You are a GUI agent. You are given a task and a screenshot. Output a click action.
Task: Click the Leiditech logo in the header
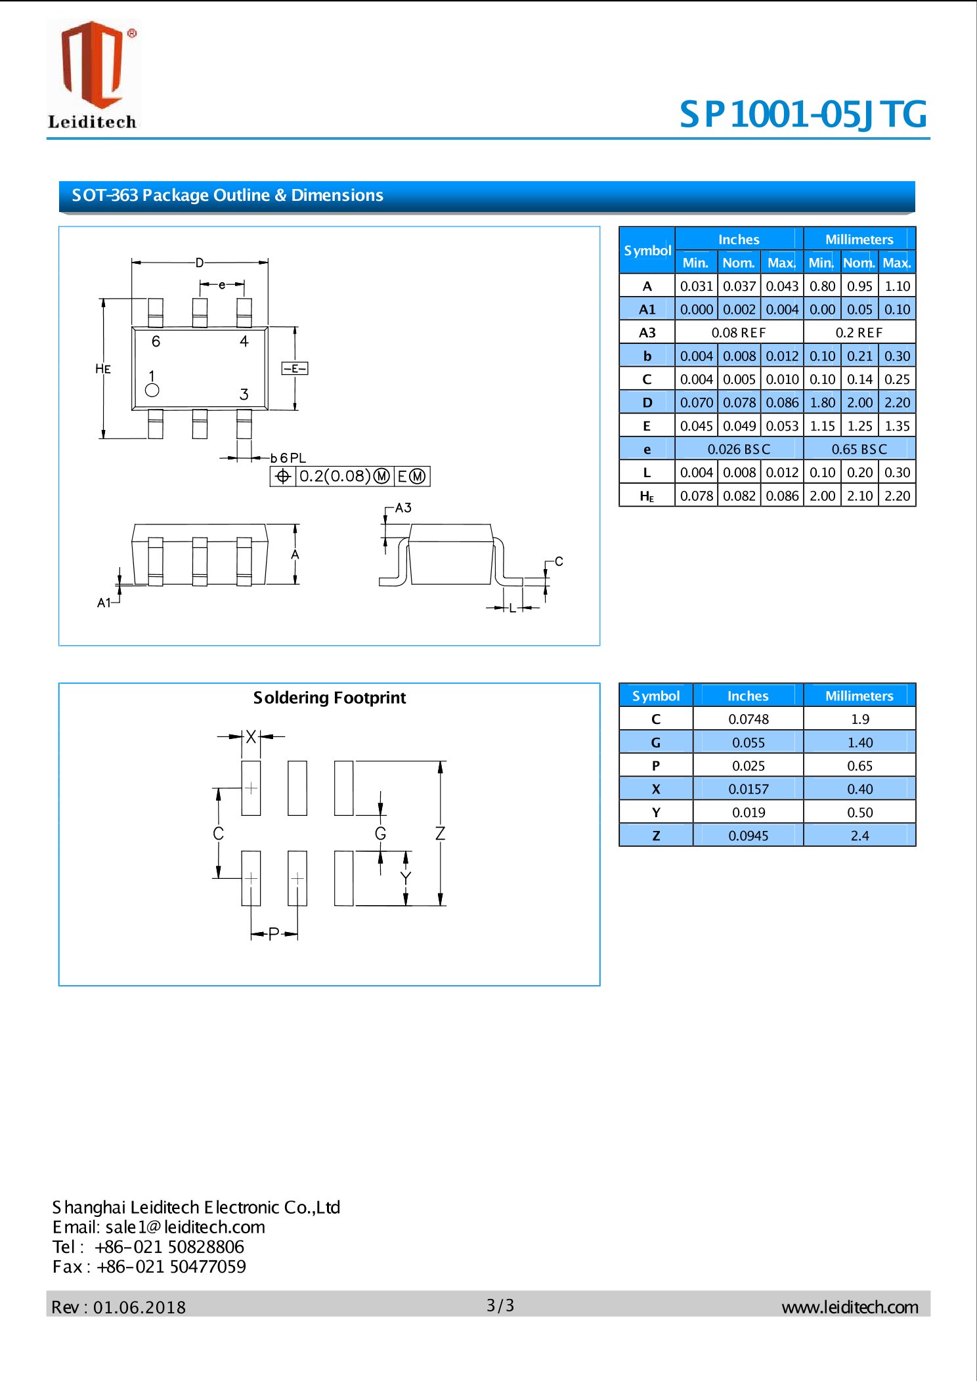pos(93,74)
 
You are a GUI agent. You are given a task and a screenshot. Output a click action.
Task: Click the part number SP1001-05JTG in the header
pos(802,114)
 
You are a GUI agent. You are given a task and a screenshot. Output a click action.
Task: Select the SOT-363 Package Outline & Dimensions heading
pos(227,196)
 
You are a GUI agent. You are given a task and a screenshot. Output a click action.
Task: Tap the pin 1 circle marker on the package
pos(152,391)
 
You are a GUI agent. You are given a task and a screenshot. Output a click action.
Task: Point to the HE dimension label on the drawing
pos(103,369)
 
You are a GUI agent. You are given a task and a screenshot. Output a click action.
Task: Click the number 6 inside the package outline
pos(156,341)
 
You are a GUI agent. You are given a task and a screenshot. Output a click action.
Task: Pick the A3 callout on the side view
pos(403,508)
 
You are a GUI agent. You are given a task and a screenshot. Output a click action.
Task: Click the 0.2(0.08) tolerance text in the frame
pos(335,477)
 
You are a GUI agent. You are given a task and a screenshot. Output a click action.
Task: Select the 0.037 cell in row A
pos(739,286)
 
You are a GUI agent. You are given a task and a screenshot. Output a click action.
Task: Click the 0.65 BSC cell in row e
pos(859,450)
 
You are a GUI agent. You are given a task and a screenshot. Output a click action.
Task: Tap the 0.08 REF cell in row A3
pos(739,333)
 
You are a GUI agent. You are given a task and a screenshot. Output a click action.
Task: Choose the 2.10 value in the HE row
pos(859,496)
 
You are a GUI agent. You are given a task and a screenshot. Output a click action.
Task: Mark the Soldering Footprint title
pos(330,698)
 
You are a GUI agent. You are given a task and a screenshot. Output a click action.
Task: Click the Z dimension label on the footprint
pos(441,834)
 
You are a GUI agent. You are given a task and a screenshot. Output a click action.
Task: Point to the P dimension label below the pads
pos(274,933)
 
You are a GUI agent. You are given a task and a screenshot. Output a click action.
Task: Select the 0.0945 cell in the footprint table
pos(748,836)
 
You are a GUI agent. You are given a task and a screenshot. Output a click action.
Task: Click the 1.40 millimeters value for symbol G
pos(859,743)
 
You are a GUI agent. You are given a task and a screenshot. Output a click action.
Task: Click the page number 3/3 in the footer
pos(500,1306)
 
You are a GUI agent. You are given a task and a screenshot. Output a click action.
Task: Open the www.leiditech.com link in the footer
pos(850,1307)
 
